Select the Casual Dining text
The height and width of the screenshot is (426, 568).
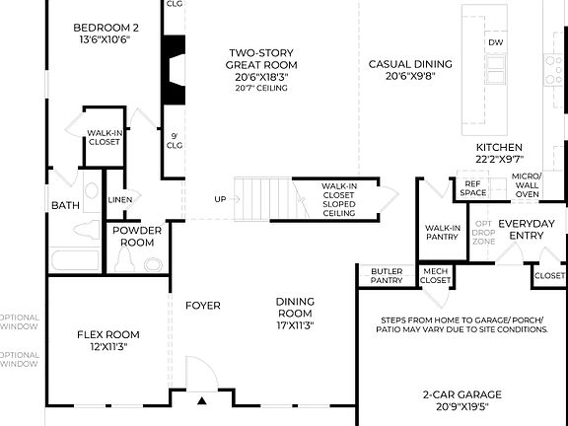click(410, 70)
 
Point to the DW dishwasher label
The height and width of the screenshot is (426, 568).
click(494, 43)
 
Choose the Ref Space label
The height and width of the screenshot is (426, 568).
click(473, 188)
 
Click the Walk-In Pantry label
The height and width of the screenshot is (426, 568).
click(443, 233)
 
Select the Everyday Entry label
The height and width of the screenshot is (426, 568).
click(527, 230)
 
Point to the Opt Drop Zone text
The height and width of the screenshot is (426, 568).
click(484, 233)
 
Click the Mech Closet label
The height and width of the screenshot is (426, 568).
click(435, 275)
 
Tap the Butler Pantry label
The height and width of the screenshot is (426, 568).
click(386, 276)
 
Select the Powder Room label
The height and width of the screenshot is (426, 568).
click(136, 236)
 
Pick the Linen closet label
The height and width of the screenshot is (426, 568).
click(119, 200)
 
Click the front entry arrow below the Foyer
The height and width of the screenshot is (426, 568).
click(201, 400)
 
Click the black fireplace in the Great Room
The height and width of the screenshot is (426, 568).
click(175, 69)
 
